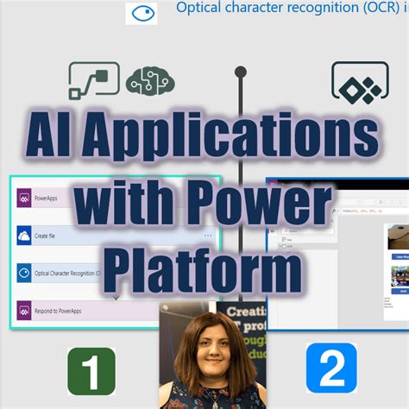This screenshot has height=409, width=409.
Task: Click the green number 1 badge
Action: coord(91,369)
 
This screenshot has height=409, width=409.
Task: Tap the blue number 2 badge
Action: coord(332,368)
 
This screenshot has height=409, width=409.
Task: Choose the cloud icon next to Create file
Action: coord(24,234)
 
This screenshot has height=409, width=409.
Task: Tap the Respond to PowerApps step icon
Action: coord(24,308)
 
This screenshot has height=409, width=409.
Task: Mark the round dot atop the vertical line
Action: coord(241,72)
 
